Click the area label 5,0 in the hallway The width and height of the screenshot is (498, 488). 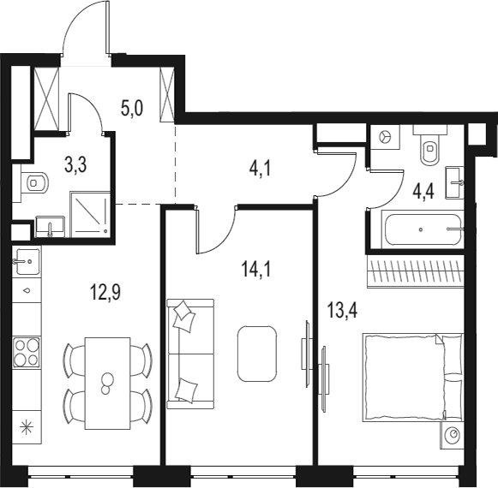coord(131,110)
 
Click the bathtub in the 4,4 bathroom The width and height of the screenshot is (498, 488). coord(422,229)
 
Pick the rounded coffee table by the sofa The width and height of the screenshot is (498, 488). coord(257,353)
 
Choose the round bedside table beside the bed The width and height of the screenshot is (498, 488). coord(452,435)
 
